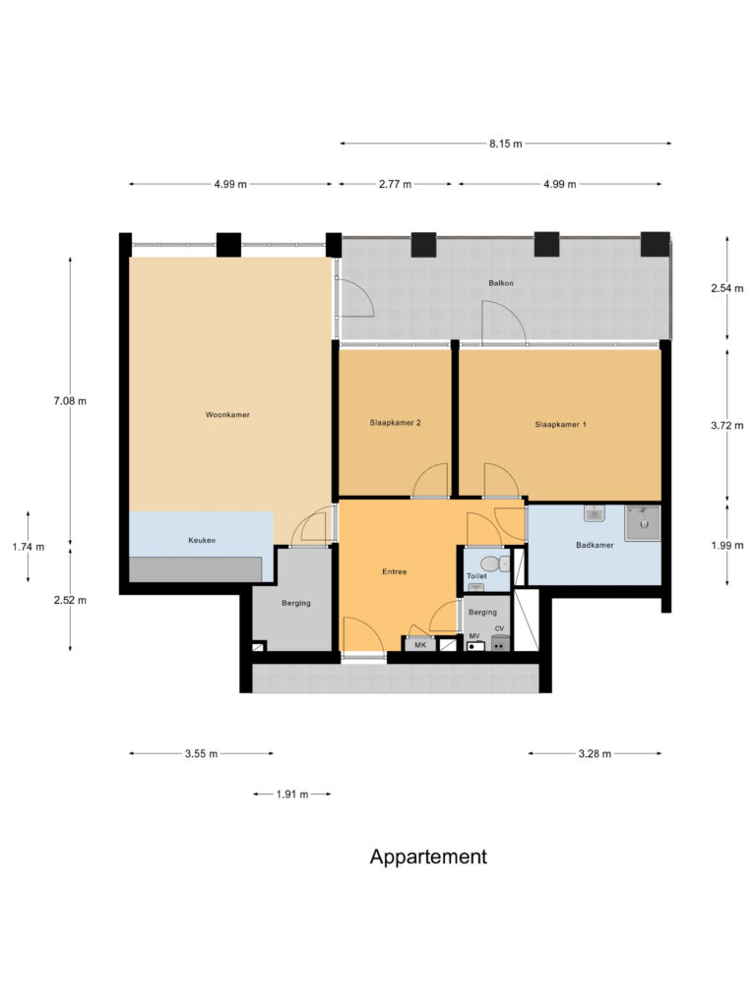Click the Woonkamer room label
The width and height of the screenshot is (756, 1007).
(x=227, y=415)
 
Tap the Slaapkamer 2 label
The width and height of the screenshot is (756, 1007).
(x=396, y=423)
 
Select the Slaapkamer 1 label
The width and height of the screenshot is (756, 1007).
(x=560, y=425)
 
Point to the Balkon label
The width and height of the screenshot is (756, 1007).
(x=501, y=283)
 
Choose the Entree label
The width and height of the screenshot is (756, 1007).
(x=395, y=571)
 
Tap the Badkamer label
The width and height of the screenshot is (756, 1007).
(x=595, y=545)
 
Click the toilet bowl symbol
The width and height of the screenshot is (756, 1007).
(x=503, y=563)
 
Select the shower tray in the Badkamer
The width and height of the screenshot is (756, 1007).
(x=642, y=523)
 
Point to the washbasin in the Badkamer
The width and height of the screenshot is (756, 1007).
(x=594, y=513)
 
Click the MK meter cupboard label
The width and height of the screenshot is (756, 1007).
(x=419, y=645)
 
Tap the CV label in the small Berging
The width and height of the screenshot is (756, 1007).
(x=500, y=629)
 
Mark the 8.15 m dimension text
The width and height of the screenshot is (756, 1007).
(x=505, y=144)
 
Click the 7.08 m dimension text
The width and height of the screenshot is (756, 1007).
(x=71, y=401)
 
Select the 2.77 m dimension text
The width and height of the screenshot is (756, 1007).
(x=396, y=184)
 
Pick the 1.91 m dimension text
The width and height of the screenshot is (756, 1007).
(x=291, y=794)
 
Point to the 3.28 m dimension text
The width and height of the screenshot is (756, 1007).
(x=595, y=754)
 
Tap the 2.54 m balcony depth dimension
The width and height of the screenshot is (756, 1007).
(x=726, y=289)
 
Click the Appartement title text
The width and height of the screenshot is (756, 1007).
(x=428, y=857)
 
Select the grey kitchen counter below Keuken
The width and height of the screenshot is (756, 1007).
(x=195, y=568)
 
